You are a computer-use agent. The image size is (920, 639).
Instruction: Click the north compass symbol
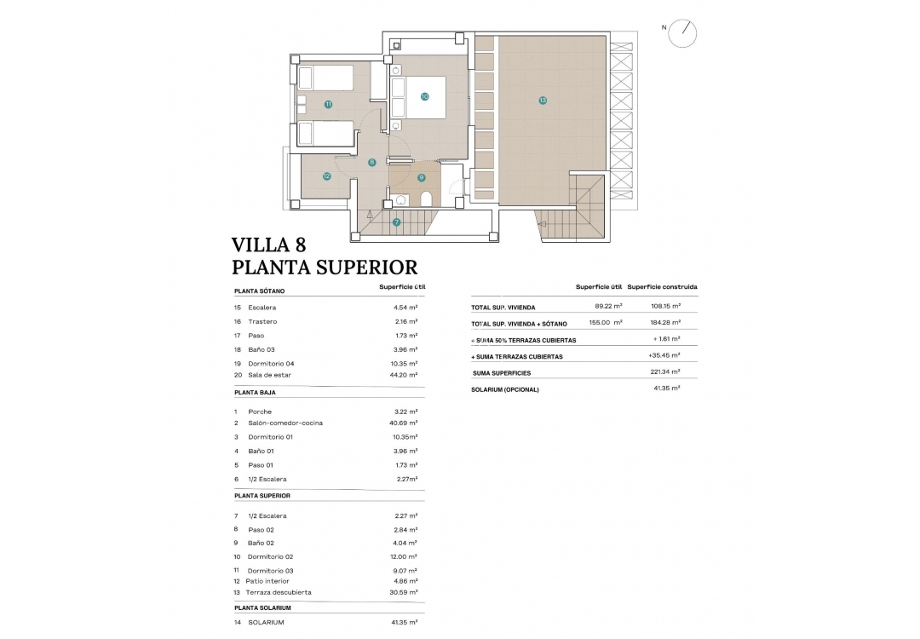pos(682,32)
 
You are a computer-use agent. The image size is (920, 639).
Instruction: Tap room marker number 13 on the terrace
pos(543,101)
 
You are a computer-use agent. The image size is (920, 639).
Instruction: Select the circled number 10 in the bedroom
pos(424,96)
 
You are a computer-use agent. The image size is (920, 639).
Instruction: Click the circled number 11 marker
pos(328,104)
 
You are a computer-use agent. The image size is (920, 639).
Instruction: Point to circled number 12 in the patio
pos(326,176)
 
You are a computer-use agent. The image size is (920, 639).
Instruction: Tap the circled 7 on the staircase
pos(396,222)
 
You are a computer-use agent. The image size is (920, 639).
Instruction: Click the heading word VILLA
pos(257,245)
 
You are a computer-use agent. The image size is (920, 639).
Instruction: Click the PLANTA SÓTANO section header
pos(261,291)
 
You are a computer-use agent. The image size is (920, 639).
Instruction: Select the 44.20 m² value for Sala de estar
pos(405,375)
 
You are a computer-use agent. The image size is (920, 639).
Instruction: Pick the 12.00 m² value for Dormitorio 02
pos(405,557)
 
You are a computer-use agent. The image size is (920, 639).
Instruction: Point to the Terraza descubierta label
pos(279,592)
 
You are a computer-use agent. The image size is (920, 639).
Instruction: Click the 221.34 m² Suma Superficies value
pos(664,372)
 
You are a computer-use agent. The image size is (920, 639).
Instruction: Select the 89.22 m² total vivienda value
pos(608,306)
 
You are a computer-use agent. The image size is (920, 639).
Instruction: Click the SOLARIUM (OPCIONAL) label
pos(505,389)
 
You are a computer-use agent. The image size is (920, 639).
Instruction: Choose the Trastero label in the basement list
pos(262,322)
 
